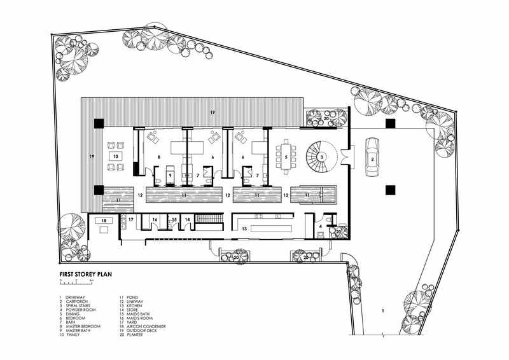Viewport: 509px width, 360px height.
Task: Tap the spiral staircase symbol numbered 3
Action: point(322,156)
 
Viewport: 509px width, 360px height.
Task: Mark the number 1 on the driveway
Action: point(382,310)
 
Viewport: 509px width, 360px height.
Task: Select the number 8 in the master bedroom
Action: point(158,156)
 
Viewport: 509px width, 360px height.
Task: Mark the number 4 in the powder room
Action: point(321,226)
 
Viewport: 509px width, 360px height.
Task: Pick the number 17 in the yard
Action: point(131,219)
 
